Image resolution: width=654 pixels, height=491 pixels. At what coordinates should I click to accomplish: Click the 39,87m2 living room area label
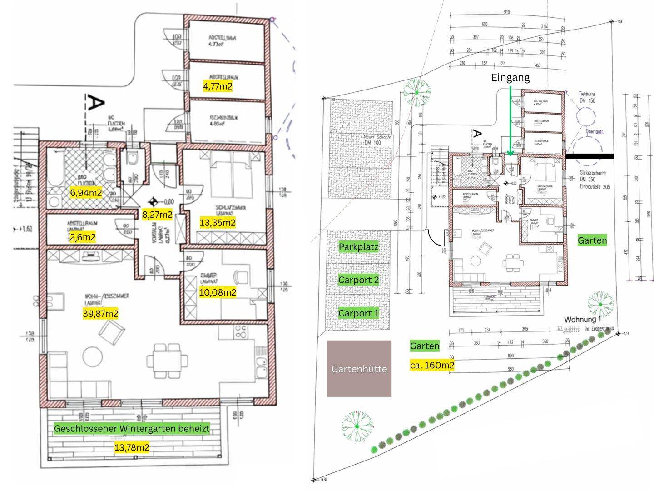point(100,313)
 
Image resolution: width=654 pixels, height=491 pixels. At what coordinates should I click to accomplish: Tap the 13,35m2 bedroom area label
point(218,223)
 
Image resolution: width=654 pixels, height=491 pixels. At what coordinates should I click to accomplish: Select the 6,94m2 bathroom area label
point(86,192)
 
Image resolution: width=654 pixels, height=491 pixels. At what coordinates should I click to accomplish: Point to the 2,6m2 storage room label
point(82,237)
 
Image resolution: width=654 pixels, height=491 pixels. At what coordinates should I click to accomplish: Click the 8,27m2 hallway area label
point(157,215)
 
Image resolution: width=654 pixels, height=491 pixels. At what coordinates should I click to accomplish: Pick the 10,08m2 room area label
point(218,292)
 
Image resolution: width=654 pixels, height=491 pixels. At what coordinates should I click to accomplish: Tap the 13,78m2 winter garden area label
point(132,447)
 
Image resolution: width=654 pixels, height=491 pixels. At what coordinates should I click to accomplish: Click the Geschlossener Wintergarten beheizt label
point(132,428)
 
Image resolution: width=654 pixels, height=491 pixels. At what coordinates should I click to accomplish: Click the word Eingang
point(510,78)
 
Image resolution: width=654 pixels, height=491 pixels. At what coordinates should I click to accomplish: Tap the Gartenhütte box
point(359,369)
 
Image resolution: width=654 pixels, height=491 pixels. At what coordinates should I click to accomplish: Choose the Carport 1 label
point(358,313)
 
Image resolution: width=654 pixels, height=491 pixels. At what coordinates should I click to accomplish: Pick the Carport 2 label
point(358,280)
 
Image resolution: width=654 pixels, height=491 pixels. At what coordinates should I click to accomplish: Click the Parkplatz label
point(358,247)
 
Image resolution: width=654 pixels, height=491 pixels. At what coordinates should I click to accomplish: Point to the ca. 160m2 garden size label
point(432,365)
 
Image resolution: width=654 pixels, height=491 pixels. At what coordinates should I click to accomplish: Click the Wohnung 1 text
point(583,320)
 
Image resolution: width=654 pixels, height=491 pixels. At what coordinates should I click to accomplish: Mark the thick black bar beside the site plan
point(590,156)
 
